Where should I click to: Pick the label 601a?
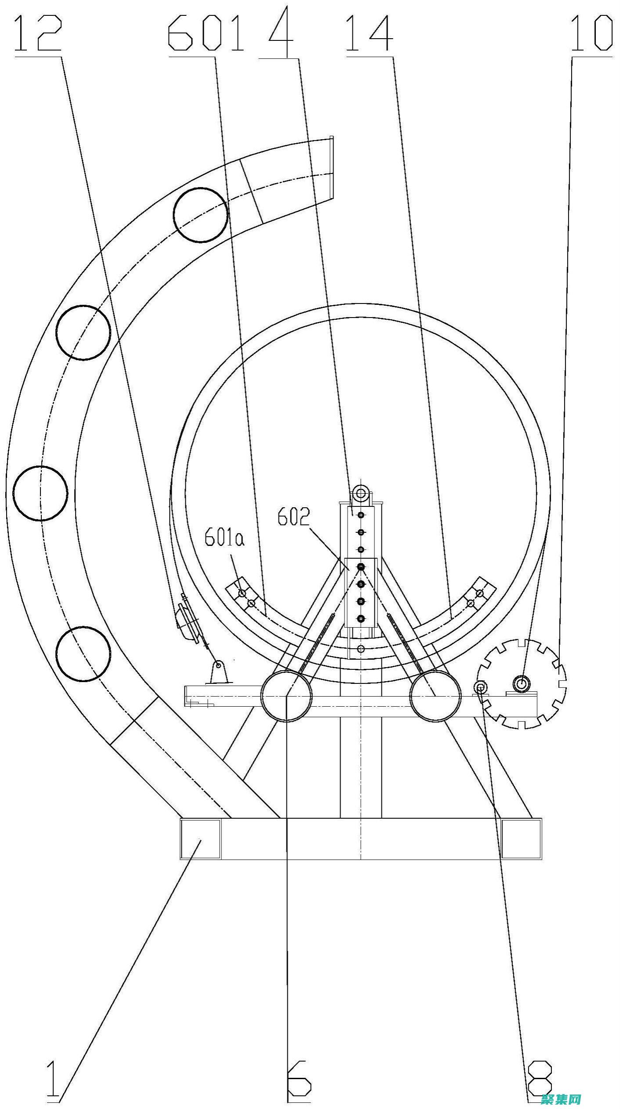(x=225, y=539)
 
